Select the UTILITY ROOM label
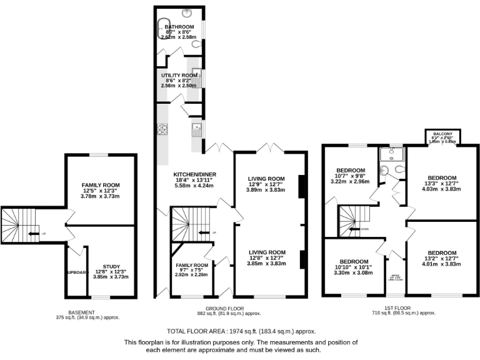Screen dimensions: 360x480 [x=179, y=75]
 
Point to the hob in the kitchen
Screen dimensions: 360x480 [x=163, y=129]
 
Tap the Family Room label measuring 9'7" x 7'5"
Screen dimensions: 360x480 [x=191, y=265]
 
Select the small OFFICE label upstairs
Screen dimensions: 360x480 [x=395, y=275]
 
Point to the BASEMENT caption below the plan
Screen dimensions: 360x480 [x=81, y=312]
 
